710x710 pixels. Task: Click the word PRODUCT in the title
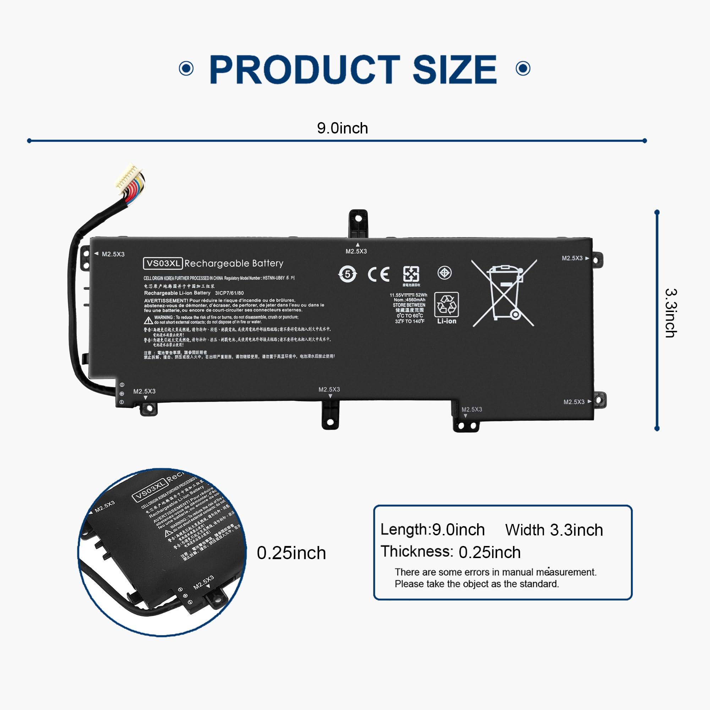tap(304, 70)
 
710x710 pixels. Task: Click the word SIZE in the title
tap(454, 70)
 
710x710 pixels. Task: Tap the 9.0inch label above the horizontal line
tap(342, 128)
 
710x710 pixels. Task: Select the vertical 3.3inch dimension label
tap(671, 313)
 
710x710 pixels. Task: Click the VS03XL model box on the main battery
tap(163, 263)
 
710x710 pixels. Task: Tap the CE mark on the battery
tap(378, 274)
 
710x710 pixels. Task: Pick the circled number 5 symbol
tap(347, 274)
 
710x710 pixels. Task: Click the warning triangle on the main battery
tap(148, 321)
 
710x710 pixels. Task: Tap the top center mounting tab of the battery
tap(358, 223)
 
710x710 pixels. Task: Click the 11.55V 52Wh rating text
tap(408, 295)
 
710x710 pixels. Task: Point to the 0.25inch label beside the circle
tap(291, 553)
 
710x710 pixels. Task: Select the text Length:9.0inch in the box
tap(432, 530)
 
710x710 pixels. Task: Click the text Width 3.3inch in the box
tap(554, 530)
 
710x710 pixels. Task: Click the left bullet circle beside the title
tap(186, 69)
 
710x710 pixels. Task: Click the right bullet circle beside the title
tap(523, 69)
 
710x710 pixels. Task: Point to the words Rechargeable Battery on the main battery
tap(234, 263)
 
